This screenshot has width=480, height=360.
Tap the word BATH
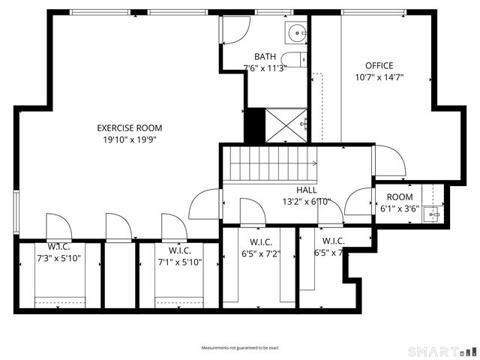[265, 56]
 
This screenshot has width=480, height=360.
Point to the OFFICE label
[379, 65]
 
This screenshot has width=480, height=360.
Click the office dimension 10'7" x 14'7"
[379, 76]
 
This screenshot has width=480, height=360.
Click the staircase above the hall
[271, 164]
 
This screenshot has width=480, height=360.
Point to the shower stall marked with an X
[286, 125]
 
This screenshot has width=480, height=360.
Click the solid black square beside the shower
[255, 125]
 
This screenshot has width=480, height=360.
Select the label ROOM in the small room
[399, 197]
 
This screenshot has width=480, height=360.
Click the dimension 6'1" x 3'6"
[399, 209]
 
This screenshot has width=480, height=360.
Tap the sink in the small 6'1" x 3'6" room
[433, 214]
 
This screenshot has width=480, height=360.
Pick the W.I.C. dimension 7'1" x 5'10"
[179, 261]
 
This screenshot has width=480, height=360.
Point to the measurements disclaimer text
[239, 348]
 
